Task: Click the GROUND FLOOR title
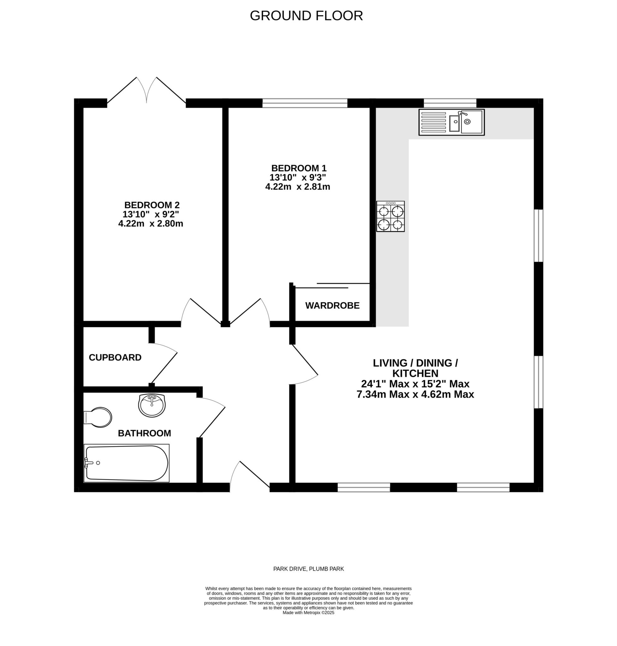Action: (x=306, y=16)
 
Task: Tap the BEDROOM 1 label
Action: (x=299, y=168)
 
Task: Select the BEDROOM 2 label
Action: (x=152, y=205)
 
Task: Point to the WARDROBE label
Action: (x=332, y=306)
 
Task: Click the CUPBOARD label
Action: (x=115, y=357)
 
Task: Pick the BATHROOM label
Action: (x=144, y=433)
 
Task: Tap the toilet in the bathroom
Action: (x=98, y=417)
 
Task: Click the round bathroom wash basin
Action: (x=152, y=405)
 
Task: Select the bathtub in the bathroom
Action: (x=127, y=463)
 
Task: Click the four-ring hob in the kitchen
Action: (x=390, y=216)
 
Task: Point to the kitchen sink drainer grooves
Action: (x=434, y=123)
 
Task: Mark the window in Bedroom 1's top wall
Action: (x=305, y=103)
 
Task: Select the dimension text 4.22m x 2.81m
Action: (x=298, y=187)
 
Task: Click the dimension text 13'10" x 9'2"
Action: (x=151, y=214)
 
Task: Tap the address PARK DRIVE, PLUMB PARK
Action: (x=308, y=569)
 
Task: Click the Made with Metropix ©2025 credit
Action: (x=308, y=613)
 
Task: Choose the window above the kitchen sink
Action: (x=450, y=103)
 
